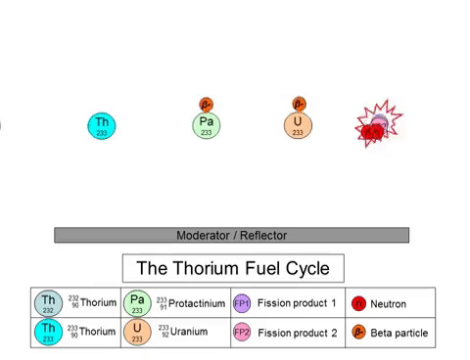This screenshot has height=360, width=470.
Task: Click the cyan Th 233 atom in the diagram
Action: (103, 125)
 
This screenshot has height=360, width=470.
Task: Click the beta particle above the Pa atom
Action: (206, 104)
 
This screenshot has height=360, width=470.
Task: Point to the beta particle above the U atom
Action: (299, 104)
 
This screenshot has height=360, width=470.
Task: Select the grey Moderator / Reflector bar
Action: (231, 235)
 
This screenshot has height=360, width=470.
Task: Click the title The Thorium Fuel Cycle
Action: (233, 268)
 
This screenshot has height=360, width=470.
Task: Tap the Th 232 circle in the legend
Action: (48, 303)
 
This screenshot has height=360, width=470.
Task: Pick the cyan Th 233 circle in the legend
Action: (48, 332)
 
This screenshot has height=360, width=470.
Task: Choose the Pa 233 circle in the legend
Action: (138, 303)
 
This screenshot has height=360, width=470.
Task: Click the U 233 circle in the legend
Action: (138, 332)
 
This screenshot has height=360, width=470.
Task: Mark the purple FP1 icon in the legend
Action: (242, 303)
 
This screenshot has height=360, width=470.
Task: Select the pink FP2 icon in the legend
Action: (242, 333)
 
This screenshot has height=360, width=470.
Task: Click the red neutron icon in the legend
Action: (358, 304)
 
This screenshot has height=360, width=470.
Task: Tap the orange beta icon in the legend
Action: (358, 333)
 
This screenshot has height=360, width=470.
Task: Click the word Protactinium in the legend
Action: (198, 303)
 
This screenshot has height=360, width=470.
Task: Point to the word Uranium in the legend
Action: (189, 332)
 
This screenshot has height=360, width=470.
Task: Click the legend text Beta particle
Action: (399, 334)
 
